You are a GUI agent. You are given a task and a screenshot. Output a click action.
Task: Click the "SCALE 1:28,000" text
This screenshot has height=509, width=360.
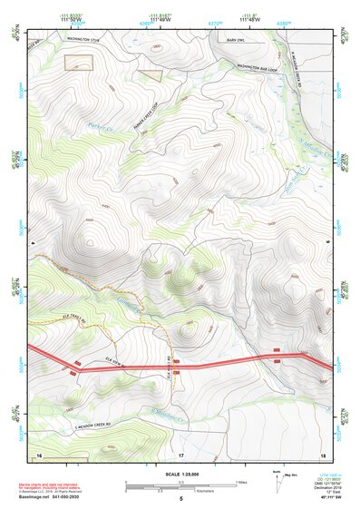(180, 474)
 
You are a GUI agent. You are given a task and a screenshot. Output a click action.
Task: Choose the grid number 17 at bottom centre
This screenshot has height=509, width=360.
(180, 455)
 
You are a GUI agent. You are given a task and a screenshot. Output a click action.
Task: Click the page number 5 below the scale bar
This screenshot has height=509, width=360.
(180, 499)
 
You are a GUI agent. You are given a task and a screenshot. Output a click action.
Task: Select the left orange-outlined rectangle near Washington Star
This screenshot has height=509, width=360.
(79, 61)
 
